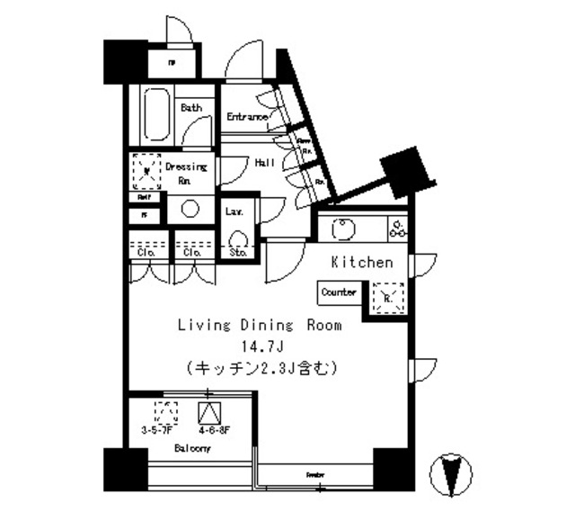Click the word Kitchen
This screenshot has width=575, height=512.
pyautogui.click(x=362, y=263)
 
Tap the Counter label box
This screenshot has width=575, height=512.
pyautogui.click(x=339, y=292)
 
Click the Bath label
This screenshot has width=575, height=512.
pyautogui.click(x=191, y=107)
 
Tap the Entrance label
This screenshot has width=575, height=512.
pyautogui.click(x=247, y=116)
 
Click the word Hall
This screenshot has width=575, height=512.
pyautogui.click(x=265, y=163)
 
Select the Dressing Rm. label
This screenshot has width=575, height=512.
pyautogui.click(x=186, y=172)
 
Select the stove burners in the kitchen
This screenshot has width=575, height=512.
pyautogui.click(x=396, y=229)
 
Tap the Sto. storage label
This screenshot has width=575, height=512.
pyautogui.click(x=238, y=253)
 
